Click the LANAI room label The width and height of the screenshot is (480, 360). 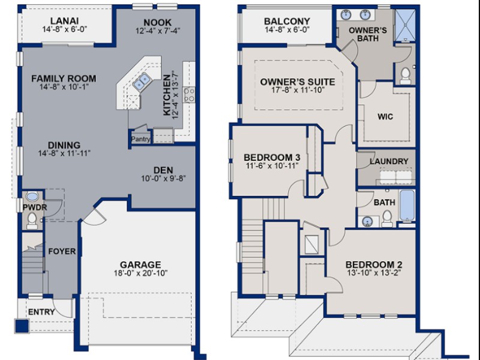coord(64,21)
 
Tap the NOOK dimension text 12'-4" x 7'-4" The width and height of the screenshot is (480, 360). coord(158,31)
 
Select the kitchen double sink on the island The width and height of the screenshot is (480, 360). coord(142,82)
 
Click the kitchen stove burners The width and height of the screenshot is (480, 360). coord(189,95)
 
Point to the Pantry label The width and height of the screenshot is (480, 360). coord(140,139)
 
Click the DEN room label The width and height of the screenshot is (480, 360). coord(163,170)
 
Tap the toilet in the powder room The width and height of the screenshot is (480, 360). coord(32,220)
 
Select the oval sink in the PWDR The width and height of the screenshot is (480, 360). coord(32,196)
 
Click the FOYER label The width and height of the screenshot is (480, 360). coord(62,251)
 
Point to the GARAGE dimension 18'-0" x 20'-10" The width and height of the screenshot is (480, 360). coord(140,273)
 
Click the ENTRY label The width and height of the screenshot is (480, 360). coord(41,312)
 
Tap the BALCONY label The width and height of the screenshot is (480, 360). coord(287,21)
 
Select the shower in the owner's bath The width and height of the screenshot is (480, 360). coord(404,25)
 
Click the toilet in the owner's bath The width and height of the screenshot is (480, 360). coord(406,76)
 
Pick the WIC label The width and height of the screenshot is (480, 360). coord(385,116)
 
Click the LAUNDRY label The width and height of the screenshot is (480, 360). coord(389,161)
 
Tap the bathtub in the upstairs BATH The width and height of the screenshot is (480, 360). coord(407,205)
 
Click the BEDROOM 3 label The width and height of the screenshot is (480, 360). coord(272,157)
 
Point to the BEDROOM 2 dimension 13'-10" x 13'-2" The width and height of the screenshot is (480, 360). coord(374,273)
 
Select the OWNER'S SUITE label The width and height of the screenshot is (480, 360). coord(298,82)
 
